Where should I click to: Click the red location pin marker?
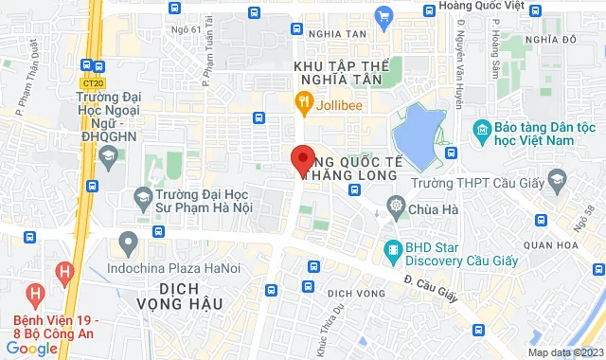tap(302, 159)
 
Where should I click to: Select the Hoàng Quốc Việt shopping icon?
tap(383, 15)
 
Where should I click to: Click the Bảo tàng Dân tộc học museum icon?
tap(482, 129)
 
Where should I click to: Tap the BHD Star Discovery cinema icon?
tap(392, 250)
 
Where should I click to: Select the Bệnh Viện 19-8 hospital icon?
tap(64, 275)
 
